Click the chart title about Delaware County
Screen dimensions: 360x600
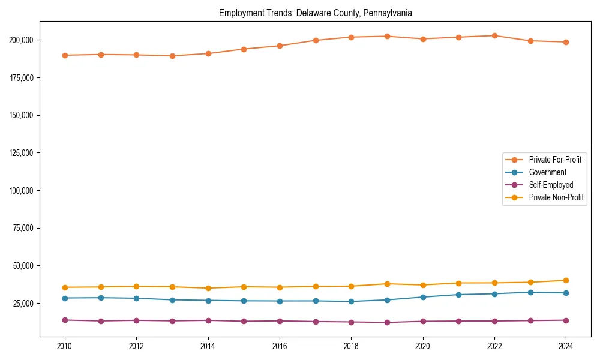[315, 13]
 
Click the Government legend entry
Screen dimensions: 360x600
[547, 172]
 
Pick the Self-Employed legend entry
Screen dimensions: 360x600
[551, 185]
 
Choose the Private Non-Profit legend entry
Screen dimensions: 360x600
[556, 197]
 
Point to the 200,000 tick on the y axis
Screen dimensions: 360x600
[23, 40]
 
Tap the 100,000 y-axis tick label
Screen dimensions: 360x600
[23, 190]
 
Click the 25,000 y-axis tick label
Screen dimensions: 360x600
[25, 303]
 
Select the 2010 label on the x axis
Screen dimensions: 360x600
[65, 346]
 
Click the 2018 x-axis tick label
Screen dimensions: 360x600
[352, 346]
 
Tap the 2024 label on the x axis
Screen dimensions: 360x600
[566, 346]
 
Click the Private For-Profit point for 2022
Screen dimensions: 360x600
[494, 35]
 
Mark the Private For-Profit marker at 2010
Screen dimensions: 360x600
[65, 55]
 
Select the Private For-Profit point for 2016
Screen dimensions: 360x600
[280, 46]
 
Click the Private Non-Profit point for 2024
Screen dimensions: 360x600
[566, 280]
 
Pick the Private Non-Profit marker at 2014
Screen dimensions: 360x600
[208, 288]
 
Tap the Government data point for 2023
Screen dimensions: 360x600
[530, 292]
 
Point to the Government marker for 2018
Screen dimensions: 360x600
[352, 301]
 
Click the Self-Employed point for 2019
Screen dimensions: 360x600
[387, 322]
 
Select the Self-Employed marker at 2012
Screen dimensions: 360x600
[137, 320]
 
